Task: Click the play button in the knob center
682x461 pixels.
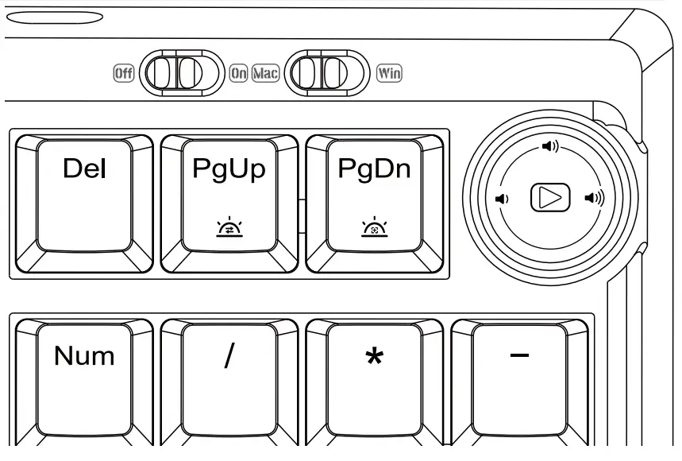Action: [549, 197]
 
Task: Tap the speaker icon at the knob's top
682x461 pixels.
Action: [550, 146]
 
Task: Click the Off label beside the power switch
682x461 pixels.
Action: [123, 74]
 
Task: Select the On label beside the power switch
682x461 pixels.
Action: [238, 74]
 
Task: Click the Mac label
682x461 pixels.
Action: [266, 74]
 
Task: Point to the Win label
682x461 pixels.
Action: [389, 74]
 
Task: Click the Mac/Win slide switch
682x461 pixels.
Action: [326, 74]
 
